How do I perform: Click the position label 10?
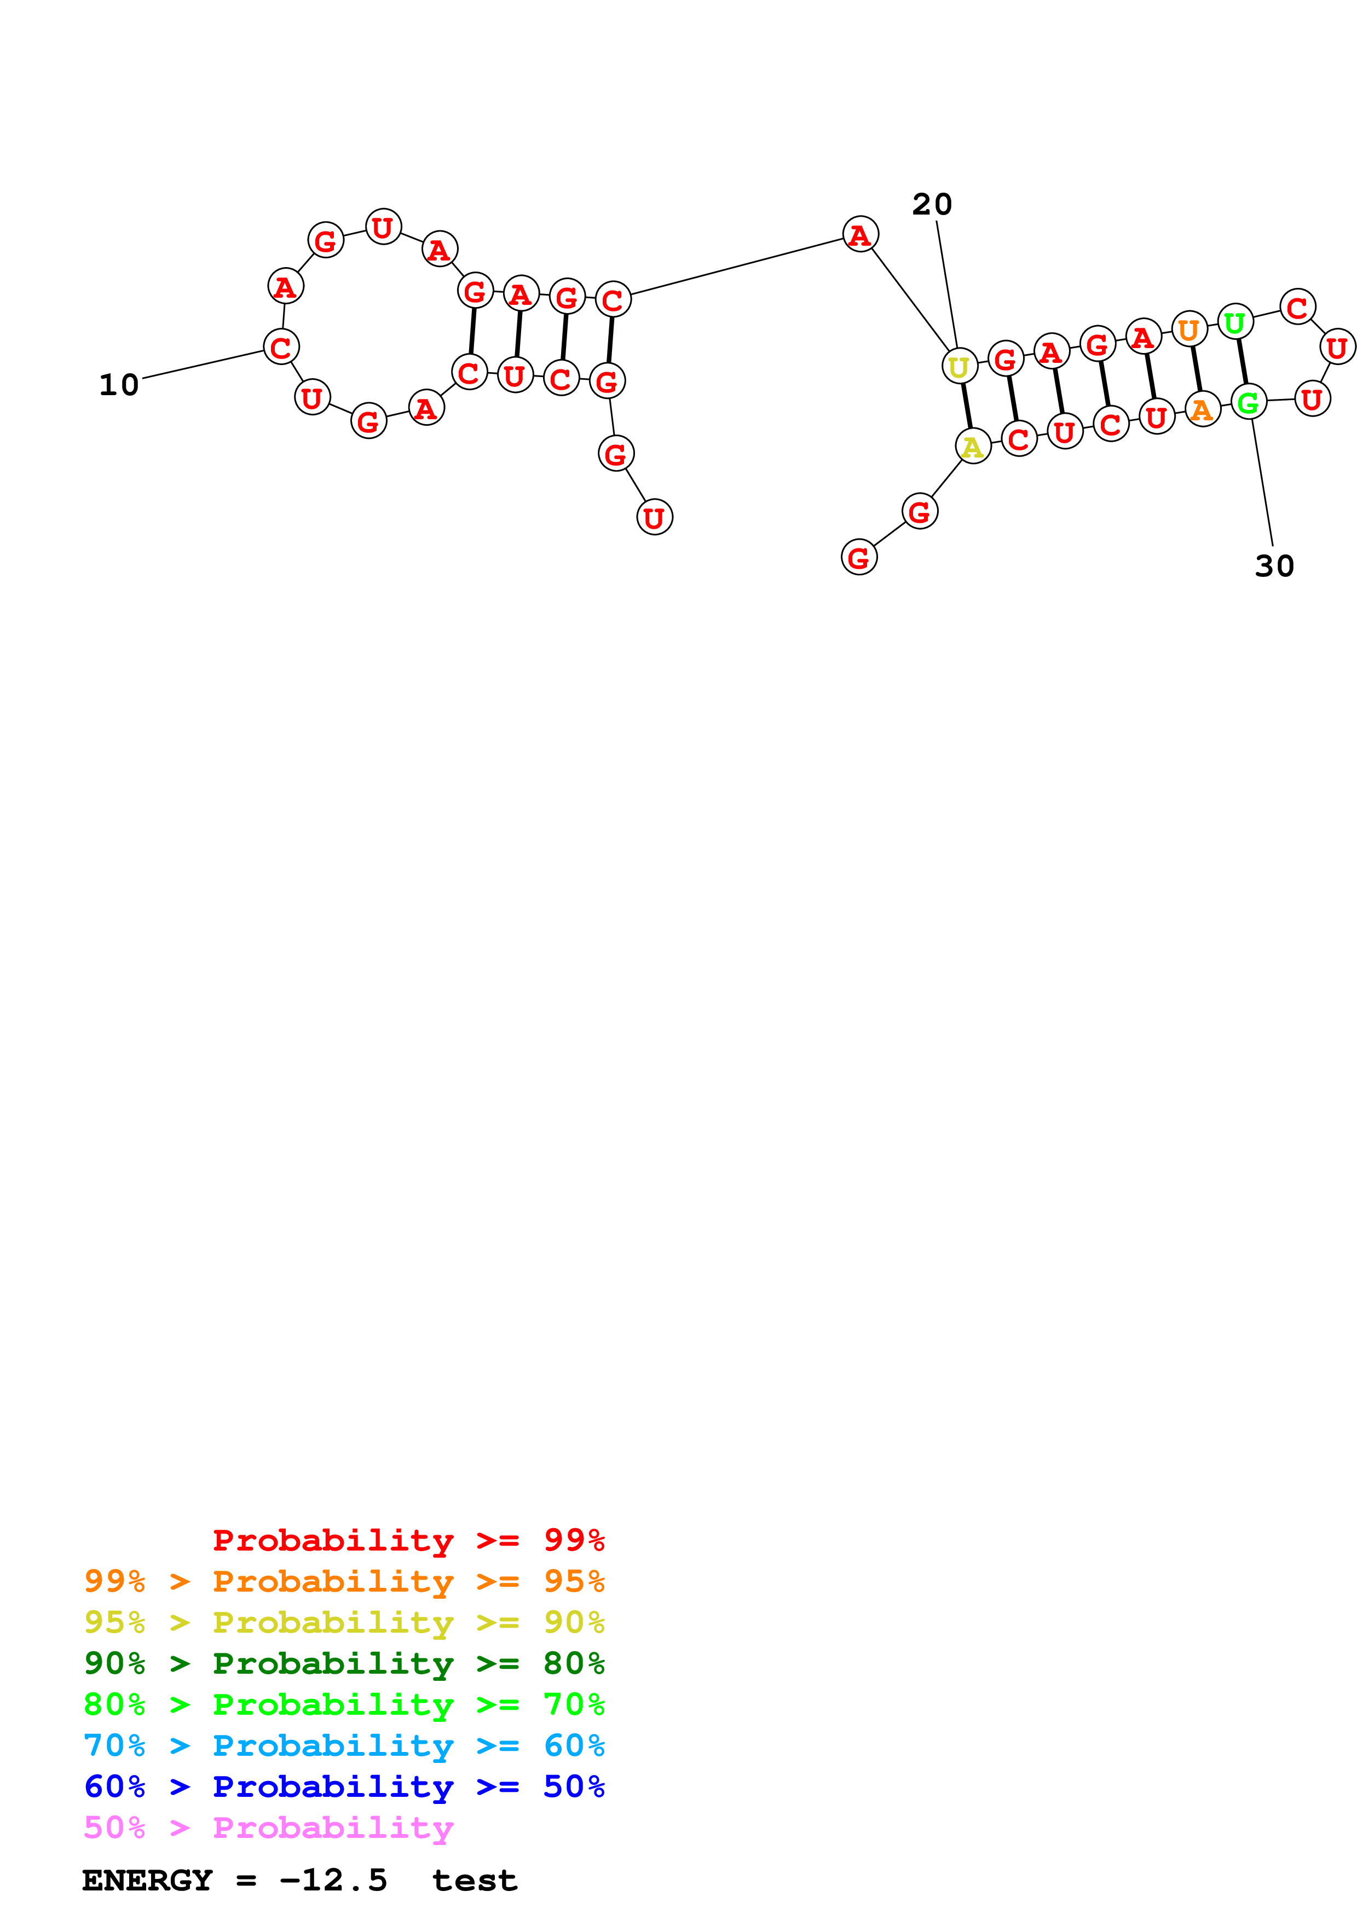[119, 385]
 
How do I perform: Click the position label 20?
[932, 205]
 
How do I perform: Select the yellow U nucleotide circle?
[959, 366]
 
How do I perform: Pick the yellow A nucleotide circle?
[972, 447]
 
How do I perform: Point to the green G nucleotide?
[1248, 402]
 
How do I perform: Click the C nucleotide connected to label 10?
[281, 346]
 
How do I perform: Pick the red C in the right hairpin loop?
[1297, 307]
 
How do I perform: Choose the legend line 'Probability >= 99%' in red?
[408, 1540]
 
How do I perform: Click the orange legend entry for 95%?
[344, 1581]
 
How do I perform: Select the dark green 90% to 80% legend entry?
[344, 1663]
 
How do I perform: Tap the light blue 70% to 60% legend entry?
[344, 1745]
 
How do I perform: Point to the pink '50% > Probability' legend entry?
[268, 1827]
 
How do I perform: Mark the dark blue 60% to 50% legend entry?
[344, 1786]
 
